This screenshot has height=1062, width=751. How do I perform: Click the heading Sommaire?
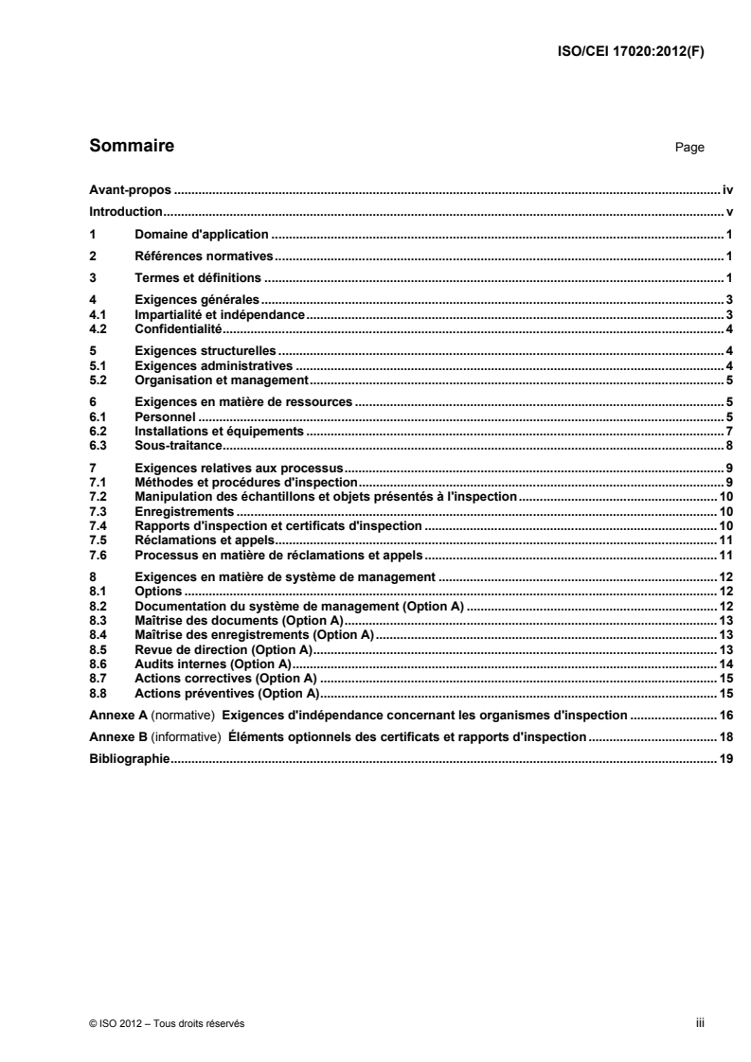[x=131, y=147]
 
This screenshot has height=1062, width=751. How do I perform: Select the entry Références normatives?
[x=204, y=257]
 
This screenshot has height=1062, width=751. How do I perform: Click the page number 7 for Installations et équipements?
[x=730, y=431]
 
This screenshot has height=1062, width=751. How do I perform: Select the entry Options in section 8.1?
[x=157, y=592]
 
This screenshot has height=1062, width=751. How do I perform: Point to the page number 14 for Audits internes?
[x=727, y=664]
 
